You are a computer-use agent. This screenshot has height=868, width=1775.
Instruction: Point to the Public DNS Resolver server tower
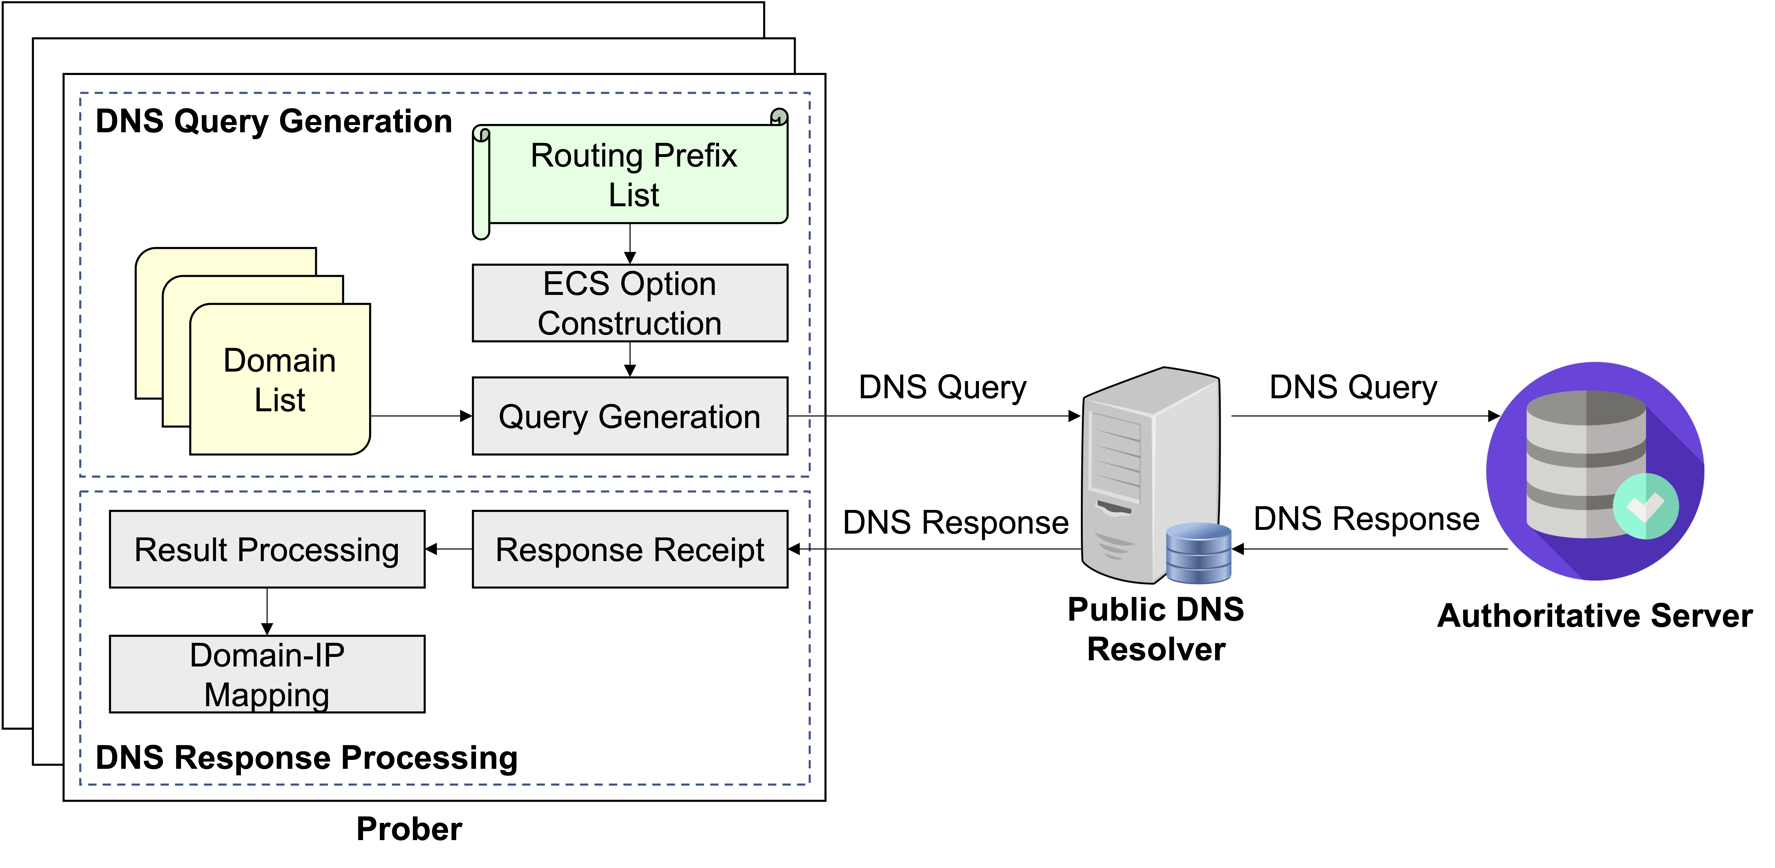pos(1151,475)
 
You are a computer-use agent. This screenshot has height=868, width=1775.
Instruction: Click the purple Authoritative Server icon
pos(1595,471)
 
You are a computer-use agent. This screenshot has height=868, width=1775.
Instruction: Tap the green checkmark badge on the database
pos(1645,506)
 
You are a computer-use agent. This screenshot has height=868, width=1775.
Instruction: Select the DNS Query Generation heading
pos(274,121)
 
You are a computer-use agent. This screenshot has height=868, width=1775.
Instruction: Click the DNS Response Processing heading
pos(307,758)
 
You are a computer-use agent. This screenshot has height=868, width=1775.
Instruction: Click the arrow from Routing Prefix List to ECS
pos(630,244)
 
